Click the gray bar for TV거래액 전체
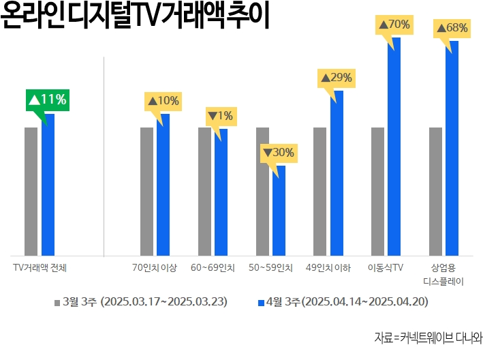coord(31,191)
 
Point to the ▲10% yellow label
coord(162,101)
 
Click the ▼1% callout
coord(220,116)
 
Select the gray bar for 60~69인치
coord(204,191)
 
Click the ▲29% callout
coord(336,78)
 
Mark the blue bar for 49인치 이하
coord(337,174)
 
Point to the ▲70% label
coord(394,25)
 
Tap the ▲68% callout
coord(452,28)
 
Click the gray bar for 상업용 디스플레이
coord(435,191)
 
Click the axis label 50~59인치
coord(270,267)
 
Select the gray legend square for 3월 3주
coord(57,301)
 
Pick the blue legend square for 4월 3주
coord(262,301)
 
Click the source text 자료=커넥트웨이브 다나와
coord(427,337)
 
